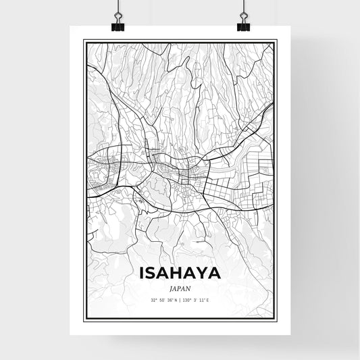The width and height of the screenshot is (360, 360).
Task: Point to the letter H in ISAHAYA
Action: coord(177,274)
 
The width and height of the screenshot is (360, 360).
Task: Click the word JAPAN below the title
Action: coord(180,287)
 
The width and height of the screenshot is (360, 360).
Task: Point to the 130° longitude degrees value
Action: coord(188,300)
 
